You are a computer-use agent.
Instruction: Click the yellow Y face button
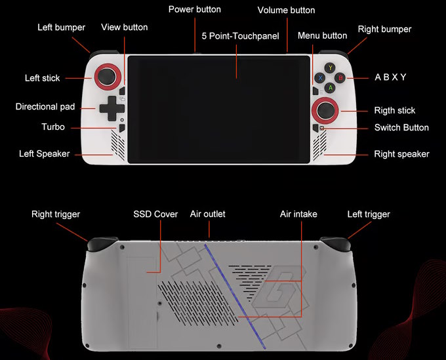tap(330, 68)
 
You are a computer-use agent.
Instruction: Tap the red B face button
tap(340, 77)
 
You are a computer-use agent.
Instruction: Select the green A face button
tap(330, 88)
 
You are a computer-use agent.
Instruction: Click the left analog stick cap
tap(107, 76)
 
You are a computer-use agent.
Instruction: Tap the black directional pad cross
tap(111, 108)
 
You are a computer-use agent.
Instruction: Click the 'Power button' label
tap(195, 9)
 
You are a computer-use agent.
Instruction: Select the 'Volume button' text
tap(286, 10)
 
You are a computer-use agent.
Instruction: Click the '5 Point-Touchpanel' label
tap(240, 36)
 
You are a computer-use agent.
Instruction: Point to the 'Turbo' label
tap(53, 127)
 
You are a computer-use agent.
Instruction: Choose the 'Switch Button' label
tap(401, 127)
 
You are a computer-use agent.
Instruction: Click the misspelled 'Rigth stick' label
tap(395, 110)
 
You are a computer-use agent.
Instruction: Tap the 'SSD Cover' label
tap(155, 214)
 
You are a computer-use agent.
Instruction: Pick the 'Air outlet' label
tap(208, 214)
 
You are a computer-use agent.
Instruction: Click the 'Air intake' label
tap(298, 214)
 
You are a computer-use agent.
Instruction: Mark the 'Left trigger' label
tap(369, 214)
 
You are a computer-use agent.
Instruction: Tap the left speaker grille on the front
tap(118, 145)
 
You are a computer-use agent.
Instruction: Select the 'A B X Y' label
tap(390, 77)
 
